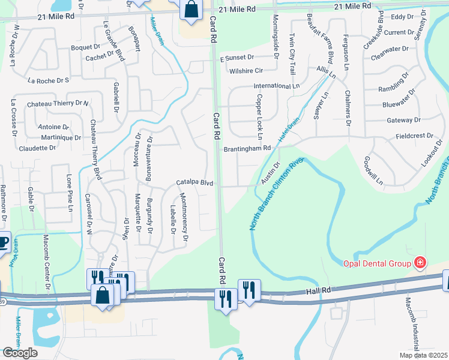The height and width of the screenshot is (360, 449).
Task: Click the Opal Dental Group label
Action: coord(376,263)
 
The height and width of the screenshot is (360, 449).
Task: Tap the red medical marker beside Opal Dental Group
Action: coord(420,262)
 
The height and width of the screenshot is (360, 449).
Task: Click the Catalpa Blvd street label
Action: coord(195,182)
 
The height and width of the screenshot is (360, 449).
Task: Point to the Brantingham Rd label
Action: coord(247,148)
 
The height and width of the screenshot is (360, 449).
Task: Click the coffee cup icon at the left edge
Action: coord(3,243)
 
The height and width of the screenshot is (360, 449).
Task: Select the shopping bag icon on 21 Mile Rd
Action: coord(191,10)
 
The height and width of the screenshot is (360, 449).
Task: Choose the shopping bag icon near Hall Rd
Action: coord(103,295)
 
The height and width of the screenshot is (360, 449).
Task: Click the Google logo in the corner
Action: coord(20,353)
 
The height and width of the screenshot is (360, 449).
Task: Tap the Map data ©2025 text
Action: coord(424,355)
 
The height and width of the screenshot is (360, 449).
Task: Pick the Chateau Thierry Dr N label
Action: coord(58,104)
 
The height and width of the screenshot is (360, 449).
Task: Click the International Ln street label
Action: coord(276,86)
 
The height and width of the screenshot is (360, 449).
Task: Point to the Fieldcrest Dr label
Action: coord(414,136)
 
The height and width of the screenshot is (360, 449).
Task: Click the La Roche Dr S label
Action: coord(49,79)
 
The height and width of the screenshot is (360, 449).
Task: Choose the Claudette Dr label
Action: coord(37,148)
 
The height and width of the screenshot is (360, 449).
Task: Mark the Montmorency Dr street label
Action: coord(185,217)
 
